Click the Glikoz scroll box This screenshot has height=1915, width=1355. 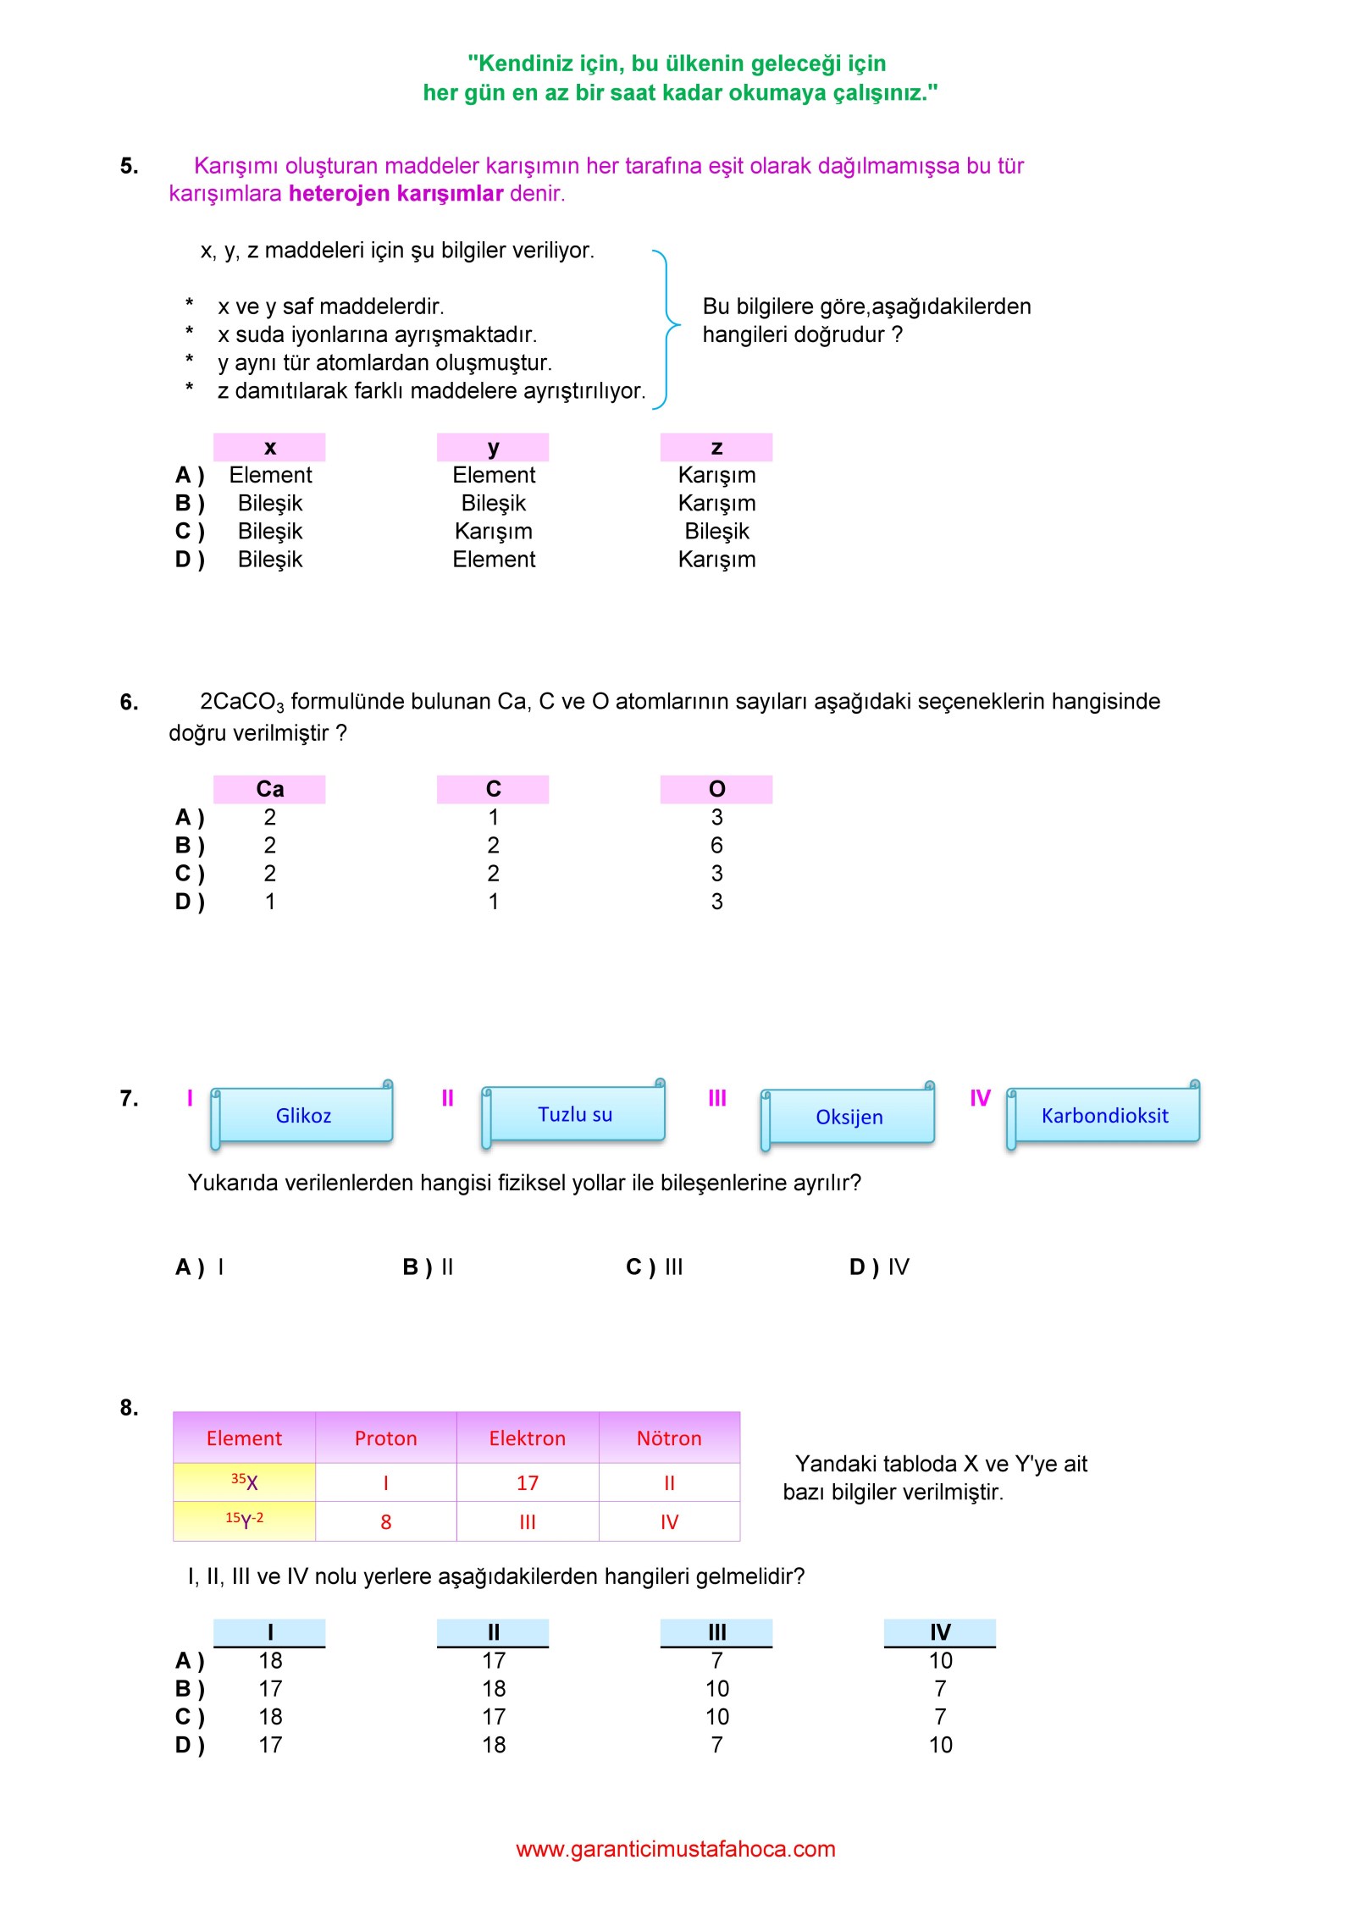coord(302,1115)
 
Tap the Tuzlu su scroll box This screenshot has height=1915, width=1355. coord(574,1114)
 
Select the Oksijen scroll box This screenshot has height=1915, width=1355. coord(849,1117)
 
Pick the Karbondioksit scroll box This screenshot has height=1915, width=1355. coord(1103,1115)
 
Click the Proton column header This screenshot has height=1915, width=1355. coord(385,1438)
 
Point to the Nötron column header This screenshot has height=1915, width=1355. coord(669,1438)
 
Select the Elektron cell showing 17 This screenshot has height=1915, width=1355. coord(527,1482)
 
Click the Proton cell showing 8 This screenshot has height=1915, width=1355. coord(385,1521)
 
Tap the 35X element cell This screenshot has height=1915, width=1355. coord(244,1482)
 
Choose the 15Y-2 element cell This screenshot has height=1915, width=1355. coord(244,1520)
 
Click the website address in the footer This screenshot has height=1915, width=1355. coord(675,1848)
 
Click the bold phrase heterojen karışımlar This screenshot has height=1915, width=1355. coord(395,193)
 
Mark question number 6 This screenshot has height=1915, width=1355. coord(129,702)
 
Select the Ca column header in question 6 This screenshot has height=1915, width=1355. coord(269,789)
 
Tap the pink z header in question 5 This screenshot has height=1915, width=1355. coord(716,447)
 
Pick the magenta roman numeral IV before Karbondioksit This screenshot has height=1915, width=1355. coord(980,1098)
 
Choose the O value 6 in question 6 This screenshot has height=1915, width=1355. coord(716,845)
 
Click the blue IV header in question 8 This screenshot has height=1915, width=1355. coord(940,1631)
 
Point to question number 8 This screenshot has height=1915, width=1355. coord(129,1407)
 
